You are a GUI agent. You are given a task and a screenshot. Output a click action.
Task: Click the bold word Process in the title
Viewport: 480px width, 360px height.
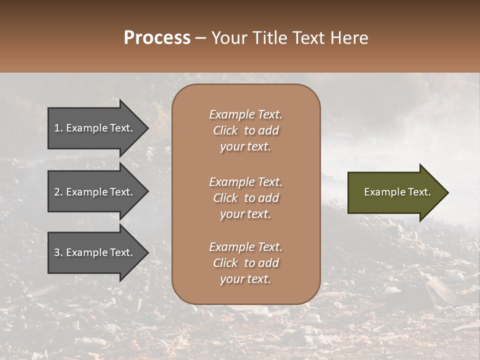157,38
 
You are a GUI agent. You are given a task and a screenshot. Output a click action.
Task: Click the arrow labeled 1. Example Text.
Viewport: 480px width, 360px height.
93,128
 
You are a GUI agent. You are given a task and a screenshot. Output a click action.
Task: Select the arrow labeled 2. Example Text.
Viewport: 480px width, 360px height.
93,192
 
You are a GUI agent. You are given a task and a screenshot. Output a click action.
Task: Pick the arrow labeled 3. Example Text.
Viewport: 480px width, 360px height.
93,252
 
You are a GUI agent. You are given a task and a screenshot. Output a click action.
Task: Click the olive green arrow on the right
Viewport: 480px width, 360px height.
397,192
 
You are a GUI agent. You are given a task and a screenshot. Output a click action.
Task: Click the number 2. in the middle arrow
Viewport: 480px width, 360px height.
58,192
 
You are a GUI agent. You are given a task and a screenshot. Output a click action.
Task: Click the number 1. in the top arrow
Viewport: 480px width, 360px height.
58,128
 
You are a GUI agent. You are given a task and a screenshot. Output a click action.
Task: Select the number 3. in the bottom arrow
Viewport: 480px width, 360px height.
58,252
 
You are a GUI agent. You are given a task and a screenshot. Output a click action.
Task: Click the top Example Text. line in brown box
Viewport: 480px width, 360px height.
245,114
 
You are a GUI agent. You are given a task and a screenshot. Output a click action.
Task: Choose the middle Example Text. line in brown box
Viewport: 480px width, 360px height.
245,182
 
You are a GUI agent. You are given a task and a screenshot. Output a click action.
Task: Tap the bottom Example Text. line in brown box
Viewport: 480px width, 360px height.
245,247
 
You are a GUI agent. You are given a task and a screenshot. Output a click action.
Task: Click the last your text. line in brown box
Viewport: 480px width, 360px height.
245,279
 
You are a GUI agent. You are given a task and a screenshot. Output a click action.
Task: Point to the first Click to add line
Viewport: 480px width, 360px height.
245,130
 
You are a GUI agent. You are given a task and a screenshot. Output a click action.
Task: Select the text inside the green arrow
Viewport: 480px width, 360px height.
397,192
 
